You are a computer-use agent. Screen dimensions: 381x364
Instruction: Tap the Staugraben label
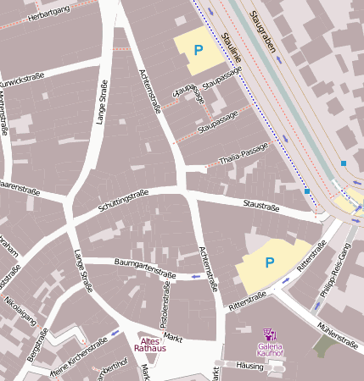coord(264,33)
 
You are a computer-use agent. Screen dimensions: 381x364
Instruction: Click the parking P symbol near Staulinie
coord(199,50)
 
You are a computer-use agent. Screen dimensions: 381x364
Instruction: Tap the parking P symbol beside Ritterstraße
coord(270,262)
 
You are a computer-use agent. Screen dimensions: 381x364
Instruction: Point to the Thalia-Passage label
coord(243,153)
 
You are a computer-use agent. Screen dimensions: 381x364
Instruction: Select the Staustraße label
coord(260,205)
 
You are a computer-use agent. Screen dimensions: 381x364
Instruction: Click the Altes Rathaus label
coord(149,344)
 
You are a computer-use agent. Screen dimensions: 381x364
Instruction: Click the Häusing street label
coord(250,366)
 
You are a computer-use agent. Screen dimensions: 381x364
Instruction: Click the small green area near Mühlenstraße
coord(323,345)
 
